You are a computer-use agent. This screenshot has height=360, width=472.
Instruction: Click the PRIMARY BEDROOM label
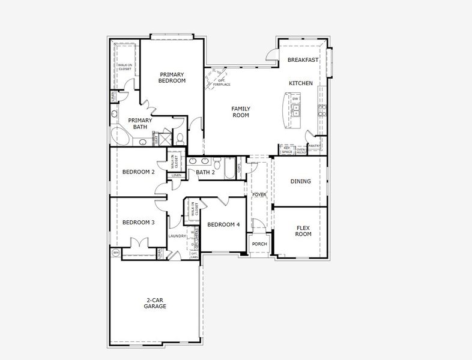tap(172, 77)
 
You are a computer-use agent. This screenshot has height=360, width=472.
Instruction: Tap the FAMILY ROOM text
tap(241, 112)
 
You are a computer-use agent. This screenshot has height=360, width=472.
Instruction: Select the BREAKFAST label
tap(303, 60)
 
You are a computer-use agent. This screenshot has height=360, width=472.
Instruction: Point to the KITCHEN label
tap(300, 83)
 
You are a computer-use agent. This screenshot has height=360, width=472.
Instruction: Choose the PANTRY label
tap(314, 146)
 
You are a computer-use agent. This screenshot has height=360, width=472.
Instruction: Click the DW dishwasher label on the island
tap(295, 98)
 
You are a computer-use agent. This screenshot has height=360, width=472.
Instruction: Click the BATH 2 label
tap(205, 172)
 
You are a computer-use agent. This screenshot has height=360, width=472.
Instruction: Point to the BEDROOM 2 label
tap(138, 172)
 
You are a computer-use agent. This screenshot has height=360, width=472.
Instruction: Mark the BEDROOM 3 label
tap(138, 222)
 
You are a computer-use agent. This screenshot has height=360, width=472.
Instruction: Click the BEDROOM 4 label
tap(223, 224)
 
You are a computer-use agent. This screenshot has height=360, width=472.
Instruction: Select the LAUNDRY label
tap(177, 236)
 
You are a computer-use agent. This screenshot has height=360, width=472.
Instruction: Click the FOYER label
tap(259, 194)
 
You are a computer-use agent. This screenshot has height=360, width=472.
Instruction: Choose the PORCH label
tap(259, 244)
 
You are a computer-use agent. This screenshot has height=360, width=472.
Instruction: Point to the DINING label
tap(300, 181)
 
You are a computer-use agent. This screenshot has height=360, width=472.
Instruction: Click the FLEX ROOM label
tap(303, 231)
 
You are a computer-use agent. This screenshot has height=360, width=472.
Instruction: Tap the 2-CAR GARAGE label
tap(154, 303)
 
